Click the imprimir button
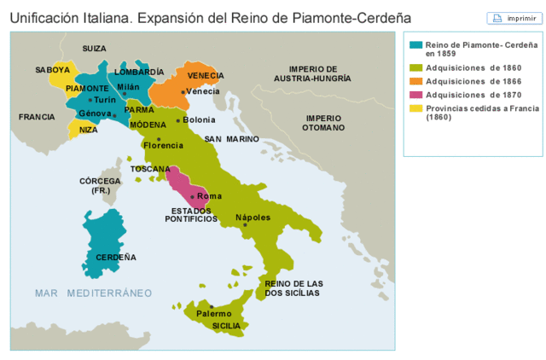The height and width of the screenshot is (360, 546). [508, 17]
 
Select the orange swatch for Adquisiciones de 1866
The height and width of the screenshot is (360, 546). [416, 80]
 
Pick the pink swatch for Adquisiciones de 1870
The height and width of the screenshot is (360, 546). [416, 95]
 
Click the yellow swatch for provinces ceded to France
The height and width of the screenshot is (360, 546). [416, 108]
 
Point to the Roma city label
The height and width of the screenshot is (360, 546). [209, 196]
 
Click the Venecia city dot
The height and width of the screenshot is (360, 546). [183, 91]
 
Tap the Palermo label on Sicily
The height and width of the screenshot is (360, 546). [213, 314]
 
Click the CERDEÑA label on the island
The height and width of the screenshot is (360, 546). [115, 257]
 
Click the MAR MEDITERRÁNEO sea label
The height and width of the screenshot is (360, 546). [93, 293]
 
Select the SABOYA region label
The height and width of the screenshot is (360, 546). [53, 70]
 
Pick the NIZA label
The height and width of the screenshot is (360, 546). [89, 131]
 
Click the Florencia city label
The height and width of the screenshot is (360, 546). [163, 146]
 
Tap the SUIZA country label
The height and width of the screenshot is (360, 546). [94, 49]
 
